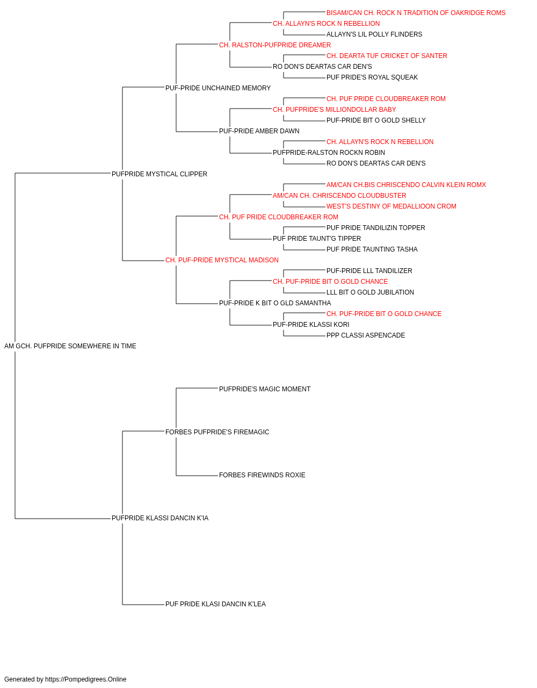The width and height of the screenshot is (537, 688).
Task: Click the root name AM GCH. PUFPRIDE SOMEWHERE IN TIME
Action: click(70, 346)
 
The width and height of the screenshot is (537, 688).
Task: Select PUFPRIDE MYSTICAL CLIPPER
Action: click(159, 174)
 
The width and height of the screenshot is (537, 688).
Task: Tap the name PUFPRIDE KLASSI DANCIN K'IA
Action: click(160, 518)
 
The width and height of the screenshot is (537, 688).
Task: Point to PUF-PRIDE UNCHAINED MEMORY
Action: click(218, 88)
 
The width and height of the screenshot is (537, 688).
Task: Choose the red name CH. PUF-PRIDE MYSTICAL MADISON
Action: click(222, 260)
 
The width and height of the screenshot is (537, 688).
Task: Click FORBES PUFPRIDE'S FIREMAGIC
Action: click(217, 432)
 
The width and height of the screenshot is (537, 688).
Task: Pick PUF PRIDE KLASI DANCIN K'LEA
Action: click(215, 604)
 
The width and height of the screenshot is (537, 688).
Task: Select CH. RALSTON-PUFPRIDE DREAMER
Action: click(275, 45)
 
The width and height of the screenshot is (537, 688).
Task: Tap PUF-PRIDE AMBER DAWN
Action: click(259, 131)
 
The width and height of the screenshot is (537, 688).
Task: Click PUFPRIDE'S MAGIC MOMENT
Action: click(265, 389)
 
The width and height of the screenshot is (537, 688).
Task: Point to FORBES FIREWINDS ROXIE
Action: click(262, 475)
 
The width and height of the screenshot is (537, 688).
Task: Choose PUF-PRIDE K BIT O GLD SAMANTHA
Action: click(275, 303)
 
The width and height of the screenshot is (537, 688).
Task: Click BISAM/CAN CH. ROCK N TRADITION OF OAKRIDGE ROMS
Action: click(416, 13)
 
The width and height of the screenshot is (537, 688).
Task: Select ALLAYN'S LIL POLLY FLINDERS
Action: click(374, 34)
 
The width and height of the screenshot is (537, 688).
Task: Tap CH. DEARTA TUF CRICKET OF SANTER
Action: click(387, 56)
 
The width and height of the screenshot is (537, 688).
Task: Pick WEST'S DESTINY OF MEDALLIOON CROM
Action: click(391, 206)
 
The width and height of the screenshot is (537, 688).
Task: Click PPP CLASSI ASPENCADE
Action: click(366, 335)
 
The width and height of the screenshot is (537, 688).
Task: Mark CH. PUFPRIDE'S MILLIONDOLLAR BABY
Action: click(334, 110)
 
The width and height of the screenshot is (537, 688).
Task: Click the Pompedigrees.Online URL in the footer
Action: click(86, 679)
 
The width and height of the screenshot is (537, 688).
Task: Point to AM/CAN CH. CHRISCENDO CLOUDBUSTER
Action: click(339, 196)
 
